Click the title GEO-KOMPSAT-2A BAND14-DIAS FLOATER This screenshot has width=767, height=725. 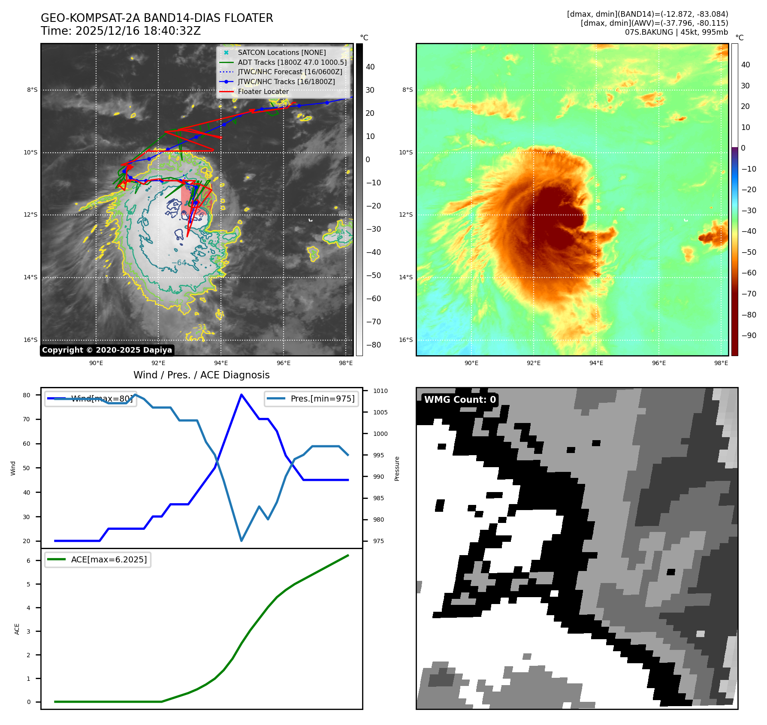(157, 18)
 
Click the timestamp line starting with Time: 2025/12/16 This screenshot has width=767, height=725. (121, 31)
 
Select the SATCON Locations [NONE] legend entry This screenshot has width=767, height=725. (281, 53)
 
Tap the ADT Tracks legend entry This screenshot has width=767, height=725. (292, 63)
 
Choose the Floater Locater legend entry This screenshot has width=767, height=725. (263, 92)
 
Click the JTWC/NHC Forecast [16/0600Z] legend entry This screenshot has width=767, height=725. (290, 72)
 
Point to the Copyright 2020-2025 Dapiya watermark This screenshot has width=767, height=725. (107, 350)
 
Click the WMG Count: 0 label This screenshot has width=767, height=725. (460, 400)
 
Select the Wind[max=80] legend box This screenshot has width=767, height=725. (91, 399)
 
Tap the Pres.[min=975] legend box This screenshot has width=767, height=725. (311, 399)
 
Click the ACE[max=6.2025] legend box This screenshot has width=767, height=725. (98, 560)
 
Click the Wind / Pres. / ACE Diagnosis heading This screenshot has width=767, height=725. (202, 375)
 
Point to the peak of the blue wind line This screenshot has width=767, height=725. (242, 395)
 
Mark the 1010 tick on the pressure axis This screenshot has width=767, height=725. (380, 391)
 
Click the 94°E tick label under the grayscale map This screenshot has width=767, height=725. (221, 363)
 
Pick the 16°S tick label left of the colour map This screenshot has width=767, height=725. (406, 340)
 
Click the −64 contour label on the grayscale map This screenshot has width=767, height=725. (179, 263)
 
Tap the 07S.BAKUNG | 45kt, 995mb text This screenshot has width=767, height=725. (676, 32)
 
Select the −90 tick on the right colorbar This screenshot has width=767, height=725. (749, 335)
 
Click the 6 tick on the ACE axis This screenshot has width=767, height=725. (29, 561)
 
